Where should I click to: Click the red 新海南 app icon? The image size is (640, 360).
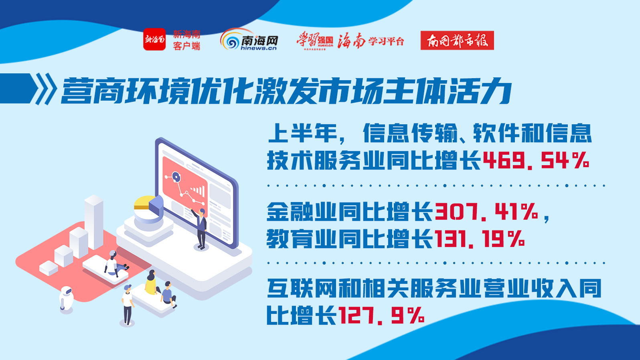pyautogui.click(x=154, y=39)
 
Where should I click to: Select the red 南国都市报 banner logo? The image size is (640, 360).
pyautogui.click(x=457, y=40)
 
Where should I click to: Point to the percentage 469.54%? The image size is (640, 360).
pyautogui.click(x=536, y=160)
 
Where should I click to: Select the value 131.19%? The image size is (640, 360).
pyautogui.click(x=479, y=238)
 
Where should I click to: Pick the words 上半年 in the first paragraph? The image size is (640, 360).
pyautogui.click(x=303, y=133)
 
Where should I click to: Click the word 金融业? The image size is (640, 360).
pyautogui.click(x=302, y=211)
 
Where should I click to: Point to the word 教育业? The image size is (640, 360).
pyautogui.click(x=302, y=239)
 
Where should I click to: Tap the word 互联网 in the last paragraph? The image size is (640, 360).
pyautogui.click(x=302, y=288)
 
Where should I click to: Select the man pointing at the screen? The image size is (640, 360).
pyautogui.click(x=200, y=229)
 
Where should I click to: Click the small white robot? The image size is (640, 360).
pyautogui.click(x=66, y=299)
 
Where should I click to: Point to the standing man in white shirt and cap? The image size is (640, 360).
pyautogui.click(x=128, y=305)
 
